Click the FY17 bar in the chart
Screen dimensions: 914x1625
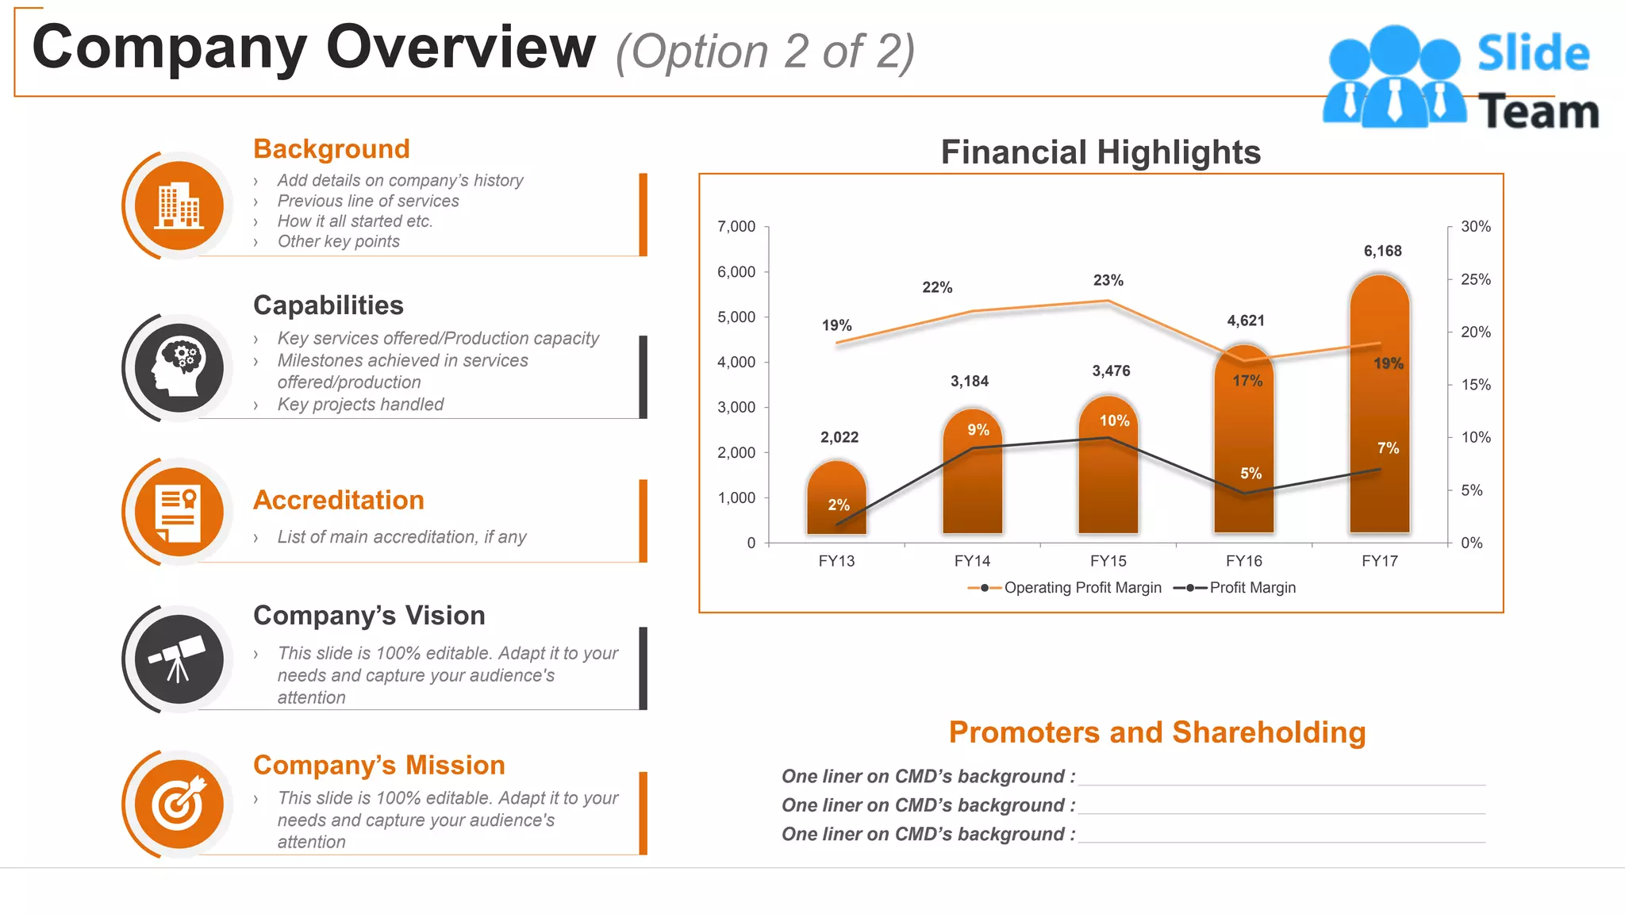point(1379,413)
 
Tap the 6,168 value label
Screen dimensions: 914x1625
point(1382,251)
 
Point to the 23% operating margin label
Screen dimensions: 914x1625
point(1108,280)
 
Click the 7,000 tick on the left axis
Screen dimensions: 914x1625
point(736,227)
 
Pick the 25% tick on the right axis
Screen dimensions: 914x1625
point(1475,279)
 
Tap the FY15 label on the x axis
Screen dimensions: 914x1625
point(1108,561)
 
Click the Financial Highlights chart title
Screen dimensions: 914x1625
point(1101,152)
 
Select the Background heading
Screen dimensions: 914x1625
point(332,149)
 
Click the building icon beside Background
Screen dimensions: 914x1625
point(179,205)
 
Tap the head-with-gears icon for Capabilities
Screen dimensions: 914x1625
point(179,367)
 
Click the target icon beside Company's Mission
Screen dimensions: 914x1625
point(179,805)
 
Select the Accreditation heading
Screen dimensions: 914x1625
point(339,501)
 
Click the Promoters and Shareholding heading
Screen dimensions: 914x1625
point(1157,732)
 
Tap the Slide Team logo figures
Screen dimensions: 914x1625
point(1394,76)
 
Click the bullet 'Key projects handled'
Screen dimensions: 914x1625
point(360,405)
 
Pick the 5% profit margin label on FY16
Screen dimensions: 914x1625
point(1250,474)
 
